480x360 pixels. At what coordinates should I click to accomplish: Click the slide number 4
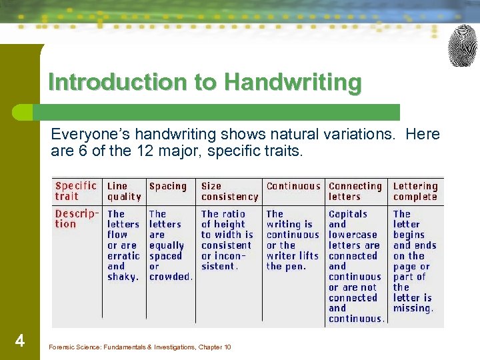tap(20, 342)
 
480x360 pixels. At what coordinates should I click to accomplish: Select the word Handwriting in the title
tap(293, 83)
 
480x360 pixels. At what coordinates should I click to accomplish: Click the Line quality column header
tap(124, 191)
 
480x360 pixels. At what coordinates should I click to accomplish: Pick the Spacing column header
tap(168, 187)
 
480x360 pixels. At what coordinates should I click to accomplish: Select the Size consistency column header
tap(229, 191)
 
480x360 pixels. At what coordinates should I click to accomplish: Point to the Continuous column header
tap(293, 187)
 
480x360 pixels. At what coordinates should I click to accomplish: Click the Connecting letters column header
tap(355, 191)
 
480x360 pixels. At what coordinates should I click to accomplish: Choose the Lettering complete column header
tap(415, 191)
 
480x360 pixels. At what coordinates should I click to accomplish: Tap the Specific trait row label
tap(76, 191)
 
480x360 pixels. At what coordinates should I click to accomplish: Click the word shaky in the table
tap(122, 277)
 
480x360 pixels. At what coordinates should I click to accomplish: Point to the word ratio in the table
tap(233, 214)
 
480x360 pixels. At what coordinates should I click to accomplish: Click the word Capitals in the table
tap(348, 214)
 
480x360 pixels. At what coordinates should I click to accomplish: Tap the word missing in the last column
tap(413, 308)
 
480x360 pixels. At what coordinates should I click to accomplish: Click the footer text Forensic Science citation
tap(140, 347)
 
